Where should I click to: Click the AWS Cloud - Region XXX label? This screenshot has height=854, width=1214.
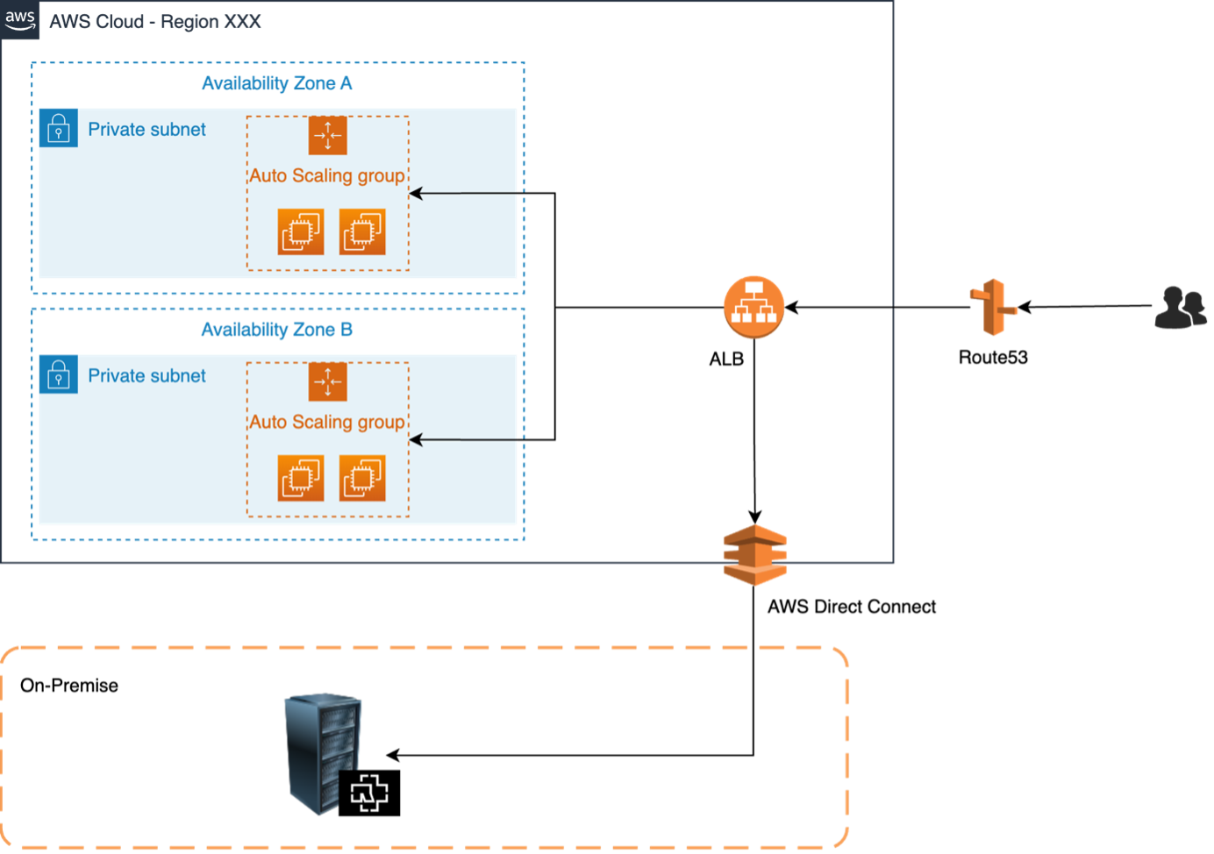[154, 22]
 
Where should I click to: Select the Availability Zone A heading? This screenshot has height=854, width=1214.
[276, 83]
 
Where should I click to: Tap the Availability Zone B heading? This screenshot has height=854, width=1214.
[276, 330]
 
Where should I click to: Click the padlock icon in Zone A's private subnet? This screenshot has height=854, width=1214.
[58, 128]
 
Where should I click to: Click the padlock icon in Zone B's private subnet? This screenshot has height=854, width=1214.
[58, 374]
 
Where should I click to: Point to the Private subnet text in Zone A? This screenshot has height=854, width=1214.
[146, 130]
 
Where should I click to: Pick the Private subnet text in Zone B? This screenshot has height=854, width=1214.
[146, 376]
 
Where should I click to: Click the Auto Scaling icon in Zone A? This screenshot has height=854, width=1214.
[327, 135]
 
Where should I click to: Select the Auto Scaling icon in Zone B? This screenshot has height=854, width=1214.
[327, 381]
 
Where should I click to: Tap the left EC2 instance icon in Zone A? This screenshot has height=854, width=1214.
[301, 231]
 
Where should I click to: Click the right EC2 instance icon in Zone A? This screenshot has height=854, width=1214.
[362, 231]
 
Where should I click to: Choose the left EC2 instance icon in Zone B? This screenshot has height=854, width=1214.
[301, 478]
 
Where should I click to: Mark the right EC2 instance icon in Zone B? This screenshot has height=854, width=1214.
[362, 478]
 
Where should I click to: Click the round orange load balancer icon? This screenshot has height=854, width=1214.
[753, 307]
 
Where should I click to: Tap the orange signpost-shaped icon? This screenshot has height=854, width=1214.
[994, 307]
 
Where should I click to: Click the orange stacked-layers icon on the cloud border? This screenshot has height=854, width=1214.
[754, 555]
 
